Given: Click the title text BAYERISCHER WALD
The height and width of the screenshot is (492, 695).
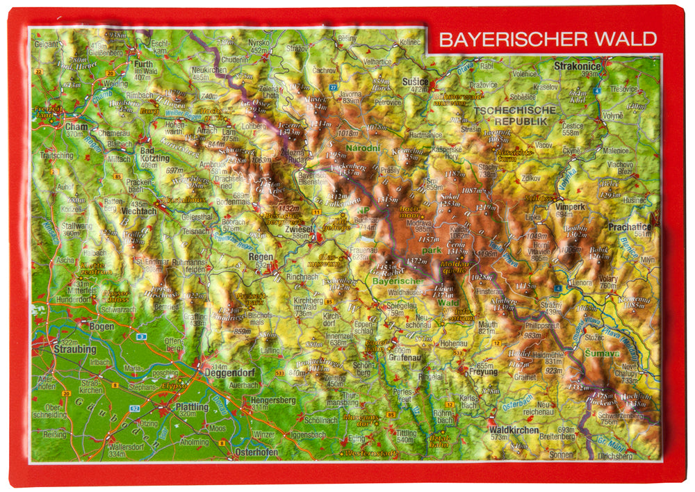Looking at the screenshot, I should [x=548, y=39].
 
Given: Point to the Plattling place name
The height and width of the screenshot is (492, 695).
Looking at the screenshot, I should [x=193, y=407].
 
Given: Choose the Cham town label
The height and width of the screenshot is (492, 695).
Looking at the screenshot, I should [x=73, y=127].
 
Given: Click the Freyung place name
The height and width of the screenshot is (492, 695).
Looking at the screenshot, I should [x=484, y=372].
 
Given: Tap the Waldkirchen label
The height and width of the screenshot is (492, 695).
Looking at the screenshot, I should [x=514, y=430].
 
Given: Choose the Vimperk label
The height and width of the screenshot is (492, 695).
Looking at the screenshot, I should [x=570, y=206].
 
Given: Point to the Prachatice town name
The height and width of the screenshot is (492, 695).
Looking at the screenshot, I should [x=629, y=227].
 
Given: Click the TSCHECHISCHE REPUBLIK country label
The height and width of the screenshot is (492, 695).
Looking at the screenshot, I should [x=514, y=115].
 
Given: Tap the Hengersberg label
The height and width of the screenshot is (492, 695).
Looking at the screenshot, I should [x=273, y=400].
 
